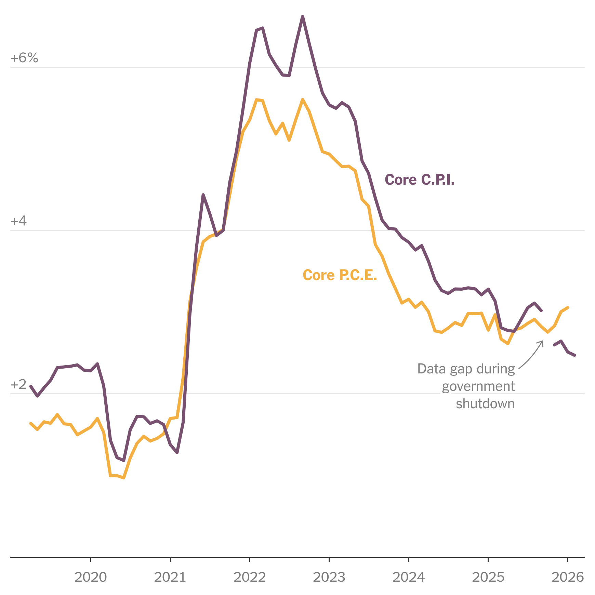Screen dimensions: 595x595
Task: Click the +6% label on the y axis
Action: pyautogui.click(x=24, y=58)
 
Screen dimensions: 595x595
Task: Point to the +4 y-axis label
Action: pyautogui.click(x=18, y=221)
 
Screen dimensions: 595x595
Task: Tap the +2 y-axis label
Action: pyautogui.click(x=18, y=385)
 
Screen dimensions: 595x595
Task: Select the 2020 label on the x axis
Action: pyautogui.click(x=91, y=577)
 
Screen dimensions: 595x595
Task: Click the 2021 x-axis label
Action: pyautogui.click(x=170, y=577)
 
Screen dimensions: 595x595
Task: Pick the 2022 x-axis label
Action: pyautogui.click(x=250, y=577)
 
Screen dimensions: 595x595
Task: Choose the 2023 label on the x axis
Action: pyautogui.click(x=329, y=577)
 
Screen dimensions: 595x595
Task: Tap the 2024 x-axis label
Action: pyautogui.click(x=409, y=577)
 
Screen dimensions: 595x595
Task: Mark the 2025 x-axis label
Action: pyautogui.click(x=488, y=577)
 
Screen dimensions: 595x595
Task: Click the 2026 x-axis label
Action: pyautogui.click(x=568, y=577)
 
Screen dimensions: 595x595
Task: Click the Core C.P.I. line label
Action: pyautogui.click(x=420, y=180)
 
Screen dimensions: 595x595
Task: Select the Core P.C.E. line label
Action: pyautogui.click(x=340, y=275)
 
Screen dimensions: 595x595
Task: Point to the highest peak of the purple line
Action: pyautogui.click(x=303, y=16)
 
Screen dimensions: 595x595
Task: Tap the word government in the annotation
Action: pyautogui.click(x=478, y=386)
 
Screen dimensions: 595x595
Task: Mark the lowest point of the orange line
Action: pyautogui.click(x=124, y=478)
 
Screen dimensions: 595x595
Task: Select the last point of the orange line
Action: pyautogui.click(x=568, y=307)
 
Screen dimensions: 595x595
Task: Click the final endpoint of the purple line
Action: pyautogui.click(x=575, y=355)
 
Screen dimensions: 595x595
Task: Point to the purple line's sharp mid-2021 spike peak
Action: pyautogui.click(x=203, y=195)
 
